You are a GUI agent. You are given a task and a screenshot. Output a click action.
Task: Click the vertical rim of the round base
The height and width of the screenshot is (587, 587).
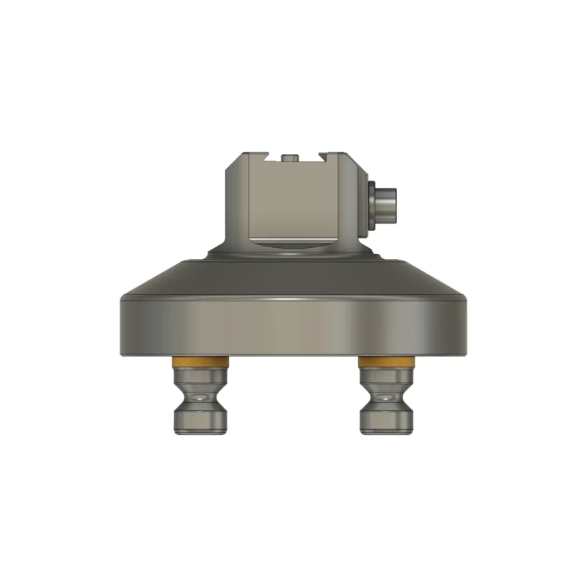click(x=293, y=327)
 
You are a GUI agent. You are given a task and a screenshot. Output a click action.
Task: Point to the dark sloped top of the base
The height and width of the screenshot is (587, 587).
click(x=293, y=275)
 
